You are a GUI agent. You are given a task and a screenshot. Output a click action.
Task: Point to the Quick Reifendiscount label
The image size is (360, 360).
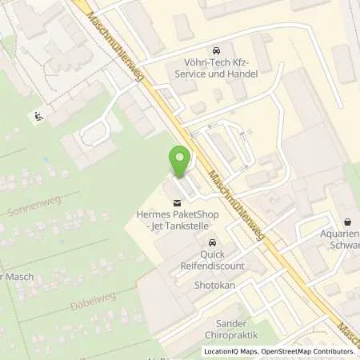pos(213,259)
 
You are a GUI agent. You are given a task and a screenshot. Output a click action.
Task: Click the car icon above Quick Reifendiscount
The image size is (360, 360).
pos(212,242)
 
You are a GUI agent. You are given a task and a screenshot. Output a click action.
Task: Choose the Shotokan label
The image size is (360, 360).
pos(212,284)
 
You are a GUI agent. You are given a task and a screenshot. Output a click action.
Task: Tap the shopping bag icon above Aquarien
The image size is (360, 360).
pos(348,222)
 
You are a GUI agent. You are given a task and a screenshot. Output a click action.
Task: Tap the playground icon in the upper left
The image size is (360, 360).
pos(38,117)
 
